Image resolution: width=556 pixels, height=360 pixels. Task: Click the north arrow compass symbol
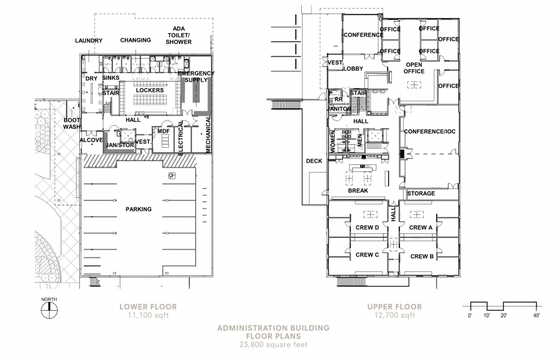(49, 310)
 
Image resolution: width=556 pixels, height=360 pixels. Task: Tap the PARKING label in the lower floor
(138, 209)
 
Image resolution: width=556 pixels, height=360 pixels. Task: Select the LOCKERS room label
(150, 91)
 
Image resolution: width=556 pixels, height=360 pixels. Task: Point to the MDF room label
(164, 131)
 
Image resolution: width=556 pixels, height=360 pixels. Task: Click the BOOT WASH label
(72, 124)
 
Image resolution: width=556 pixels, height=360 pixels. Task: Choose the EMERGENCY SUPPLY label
(196, 77)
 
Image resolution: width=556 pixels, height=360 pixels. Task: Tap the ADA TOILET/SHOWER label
(179, 35)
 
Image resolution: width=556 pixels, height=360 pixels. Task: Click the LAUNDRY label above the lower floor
(89, 41)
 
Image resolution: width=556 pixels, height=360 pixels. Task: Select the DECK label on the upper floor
(314, 161)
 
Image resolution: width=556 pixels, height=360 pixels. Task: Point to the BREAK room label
(358, 191)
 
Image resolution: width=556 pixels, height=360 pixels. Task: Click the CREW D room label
(368, 227)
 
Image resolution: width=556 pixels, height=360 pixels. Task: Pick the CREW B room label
(422, 256)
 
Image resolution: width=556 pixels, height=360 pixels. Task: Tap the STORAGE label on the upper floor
(421, 193)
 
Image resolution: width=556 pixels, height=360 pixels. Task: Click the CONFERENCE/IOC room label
(430, 131)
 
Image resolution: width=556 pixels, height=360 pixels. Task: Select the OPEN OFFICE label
(414, 68)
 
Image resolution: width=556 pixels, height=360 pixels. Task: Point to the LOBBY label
(353, 68)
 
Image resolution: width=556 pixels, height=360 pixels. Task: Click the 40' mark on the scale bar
(536, 315)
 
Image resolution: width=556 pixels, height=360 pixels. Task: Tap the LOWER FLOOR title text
(148, 307)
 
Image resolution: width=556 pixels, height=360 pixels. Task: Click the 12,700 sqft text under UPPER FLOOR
(395, 315)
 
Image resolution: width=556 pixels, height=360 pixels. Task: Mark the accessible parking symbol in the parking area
(171, 175)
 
